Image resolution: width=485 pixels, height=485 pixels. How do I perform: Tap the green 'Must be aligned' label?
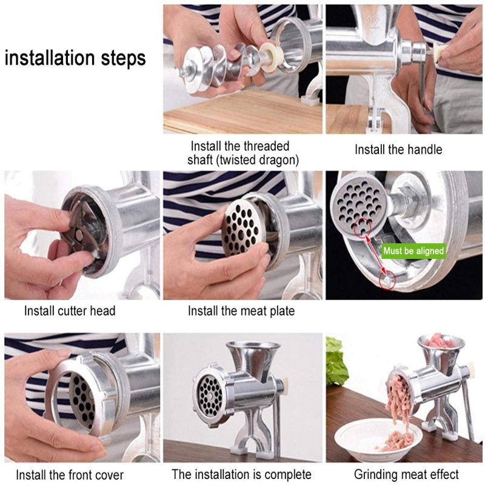click(413, 251)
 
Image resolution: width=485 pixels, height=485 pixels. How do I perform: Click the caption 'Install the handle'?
click(398, 150)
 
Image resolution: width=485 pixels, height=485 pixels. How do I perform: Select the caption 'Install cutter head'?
click(70, 311)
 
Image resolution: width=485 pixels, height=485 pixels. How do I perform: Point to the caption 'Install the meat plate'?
click(241, 311)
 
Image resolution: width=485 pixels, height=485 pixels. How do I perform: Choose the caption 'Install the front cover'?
click(70, 475)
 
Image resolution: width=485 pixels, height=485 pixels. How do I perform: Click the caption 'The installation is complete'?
click(241, 475)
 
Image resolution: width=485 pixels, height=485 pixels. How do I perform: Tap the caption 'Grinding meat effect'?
click(406, 475)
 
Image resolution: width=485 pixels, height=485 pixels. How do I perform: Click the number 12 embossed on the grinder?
click(373, 22)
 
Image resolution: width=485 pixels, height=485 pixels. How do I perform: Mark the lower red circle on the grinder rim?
click(388, 280)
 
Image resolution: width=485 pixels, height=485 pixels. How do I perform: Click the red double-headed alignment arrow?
click(375, 255)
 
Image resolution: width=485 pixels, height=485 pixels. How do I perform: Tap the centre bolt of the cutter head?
click(79, 235)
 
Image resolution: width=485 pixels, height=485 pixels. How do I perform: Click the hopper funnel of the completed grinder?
click(253, 359)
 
